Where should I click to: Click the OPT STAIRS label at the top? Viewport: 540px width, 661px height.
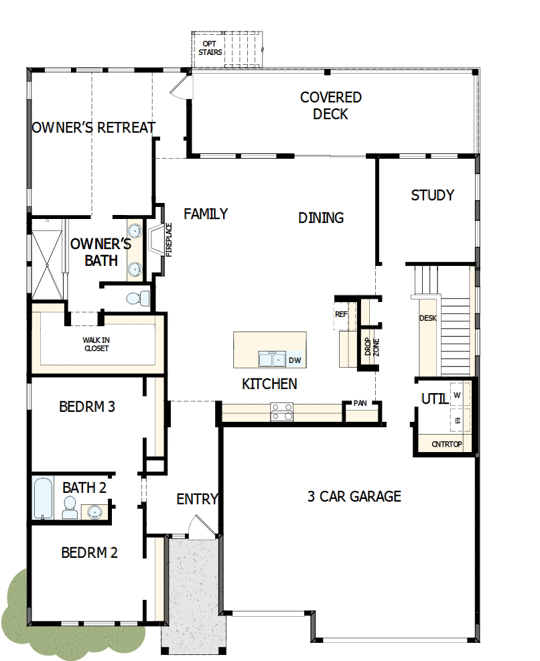pyautogui.click(x=210, y=48)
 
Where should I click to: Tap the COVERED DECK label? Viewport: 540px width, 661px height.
pyautogui.click(x=330, y=106)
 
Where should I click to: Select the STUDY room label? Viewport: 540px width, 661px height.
pyautogui.click(x=432, y=195)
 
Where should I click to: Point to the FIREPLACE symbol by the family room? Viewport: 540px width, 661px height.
pyautogui.click(x=158, y=240)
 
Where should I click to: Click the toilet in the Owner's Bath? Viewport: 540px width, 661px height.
pyautogui.click(x=137, y=297)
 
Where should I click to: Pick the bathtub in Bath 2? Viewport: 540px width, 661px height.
pyautogui.click(x=44, y=498)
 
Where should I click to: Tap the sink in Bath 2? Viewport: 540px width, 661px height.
pyautogui.click(x=94, y=512)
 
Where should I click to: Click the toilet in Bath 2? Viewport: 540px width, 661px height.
pyautogui.click(x=70, y=508)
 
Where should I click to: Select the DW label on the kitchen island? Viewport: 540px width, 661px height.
pyautogui.click(x=295, y=360)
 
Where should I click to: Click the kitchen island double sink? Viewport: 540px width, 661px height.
pyautogui.click(x=272, y=360)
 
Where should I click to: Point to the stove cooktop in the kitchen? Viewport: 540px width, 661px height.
pyautogui.click(x=281, y=411)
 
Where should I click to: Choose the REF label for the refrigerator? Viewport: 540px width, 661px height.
pyautogui.click(x=340, y=313)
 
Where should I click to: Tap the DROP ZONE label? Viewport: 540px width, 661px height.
pyautogui.click(x=368, y=346)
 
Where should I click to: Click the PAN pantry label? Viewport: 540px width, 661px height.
pyautogui.click(x=360, y=403)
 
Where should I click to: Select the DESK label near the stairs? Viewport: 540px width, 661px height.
pyautogui.click(x=427, y=318)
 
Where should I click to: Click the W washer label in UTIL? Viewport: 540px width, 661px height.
pyautogui.click(x=458, y=395)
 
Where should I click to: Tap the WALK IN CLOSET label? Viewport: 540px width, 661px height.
pyautogui.click(x=96, y=344)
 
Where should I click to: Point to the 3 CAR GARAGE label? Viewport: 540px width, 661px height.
pyautogui.click(x=354, y=496)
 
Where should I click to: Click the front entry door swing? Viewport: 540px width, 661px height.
pyautogui.click(x=198, y=527)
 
